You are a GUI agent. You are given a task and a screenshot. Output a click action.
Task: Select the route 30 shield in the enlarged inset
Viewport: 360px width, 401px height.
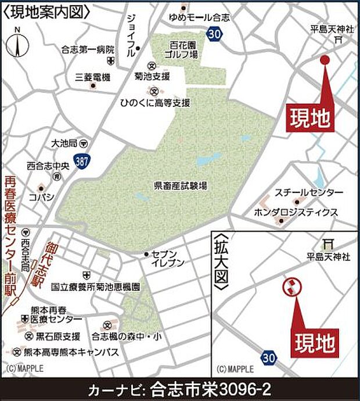(268, 356)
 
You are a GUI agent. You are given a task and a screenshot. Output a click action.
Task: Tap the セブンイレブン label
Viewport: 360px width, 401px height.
(168, 258)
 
